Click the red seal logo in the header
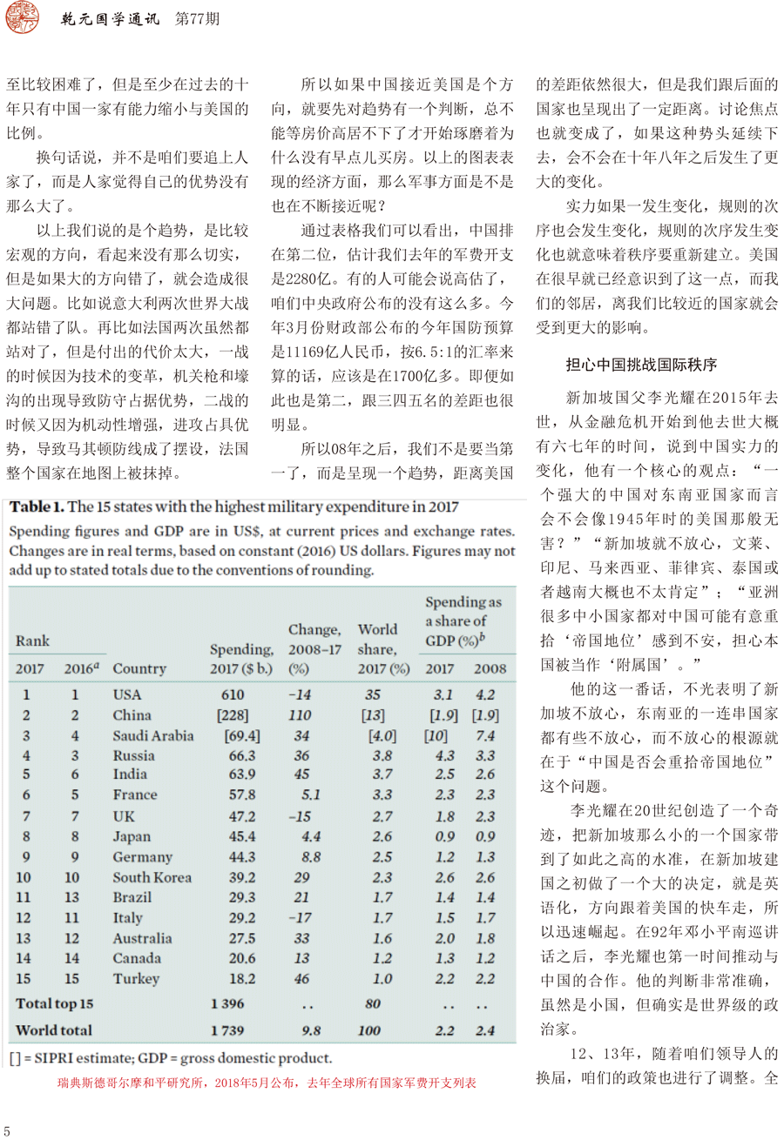point(23,20)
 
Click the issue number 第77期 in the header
point(203,19)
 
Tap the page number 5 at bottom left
point(7,1130)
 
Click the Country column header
point(139,668)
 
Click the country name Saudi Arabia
point(153,734)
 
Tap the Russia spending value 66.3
point(238,754)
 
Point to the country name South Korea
point(152,876)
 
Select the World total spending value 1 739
point(229,1030)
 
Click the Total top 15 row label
point(54,1003)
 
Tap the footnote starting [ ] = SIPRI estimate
point(172,1058)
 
